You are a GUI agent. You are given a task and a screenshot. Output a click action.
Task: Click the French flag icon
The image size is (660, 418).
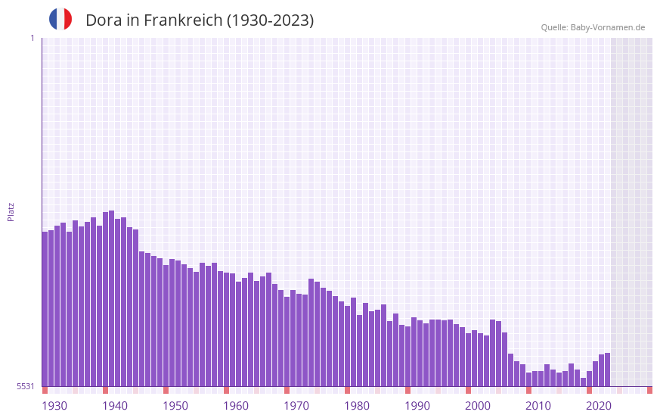[x=60, y=19]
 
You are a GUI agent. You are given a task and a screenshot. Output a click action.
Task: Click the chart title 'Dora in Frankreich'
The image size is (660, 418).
[x=200, y=20]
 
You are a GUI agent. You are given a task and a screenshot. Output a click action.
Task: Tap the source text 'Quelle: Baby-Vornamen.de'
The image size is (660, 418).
[x=593, y=27]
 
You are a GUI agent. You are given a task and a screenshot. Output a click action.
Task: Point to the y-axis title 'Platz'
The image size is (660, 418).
[x=11, y=211]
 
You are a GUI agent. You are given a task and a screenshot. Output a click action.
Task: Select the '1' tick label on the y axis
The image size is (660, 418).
[x=32, y=38]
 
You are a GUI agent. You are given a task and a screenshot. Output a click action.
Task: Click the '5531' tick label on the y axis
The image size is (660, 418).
[x=26, y=386]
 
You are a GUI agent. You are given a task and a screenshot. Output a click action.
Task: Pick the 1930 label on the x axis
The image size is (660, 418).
[x=54, y=406]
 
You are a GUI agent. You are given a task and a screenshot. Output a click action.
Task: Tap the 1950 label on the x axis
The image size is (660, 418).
[x=175, y=406]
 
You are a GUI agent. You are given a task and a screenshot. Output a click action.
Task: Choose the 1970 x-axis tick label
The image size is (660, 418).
[x=296, y=406]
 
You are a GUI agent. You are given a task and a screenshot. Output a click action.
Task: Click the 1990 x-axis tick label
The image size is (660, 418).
[x=417, y=406]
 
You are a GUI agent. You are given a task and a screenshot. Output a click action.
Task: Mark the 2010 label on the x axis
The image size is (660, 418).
[x=538, y=406]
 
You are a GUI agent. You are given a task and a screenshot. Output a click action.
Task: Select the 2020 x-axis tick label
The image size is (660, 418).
[x=599, y=406]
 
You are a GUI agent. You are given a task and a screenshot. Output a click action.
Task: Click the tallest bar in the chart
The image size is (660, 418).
[x=112, y=298]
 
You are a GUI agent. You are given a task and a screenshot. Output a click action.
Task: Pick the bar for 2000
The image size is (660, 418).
[x=469, y=360]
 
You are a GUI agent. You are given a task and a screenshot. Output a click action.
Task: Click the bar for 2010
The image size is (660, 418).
[x=529, y=379]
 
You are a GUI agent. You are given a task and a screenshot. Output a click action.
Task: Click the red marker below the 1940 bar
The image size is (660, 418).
[x=106, y=390]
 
